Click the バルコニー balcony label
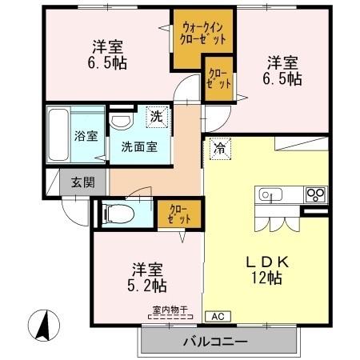pyautogui.click(x=218, y=342)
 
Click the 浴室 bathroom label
pyautogui.click(x=86, y=136)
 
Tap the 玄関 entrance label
pyautogui.click(x=78, y=182)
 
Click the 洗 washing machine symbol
pyautogui.click(x=158, y=118)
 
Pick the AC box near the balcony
pyautogui.click(x=217, y=316)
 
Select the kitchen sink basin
pyautogui.click(x=268, y=194)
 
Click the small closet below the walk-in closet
pyautogui.click(x=218, y=78)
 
